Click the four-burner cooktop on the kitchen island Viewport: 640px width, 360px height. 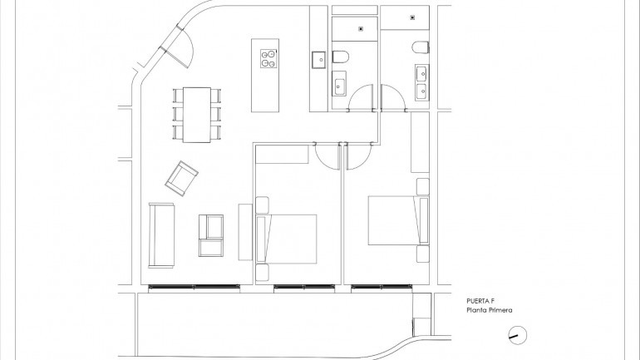point(268,58)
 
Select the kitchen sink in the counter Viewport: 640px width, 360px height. point(318,58)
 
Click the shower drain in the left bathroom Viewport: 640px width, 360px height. point(360,29)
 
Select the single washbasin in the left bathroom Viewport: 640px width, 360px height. point(339,84)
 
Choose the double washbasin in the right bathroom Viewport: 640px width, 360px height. point(421,81)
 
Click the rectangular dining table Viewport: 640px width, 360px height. point(197,114)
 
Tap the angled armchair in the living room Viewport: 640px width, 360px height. point(182,178)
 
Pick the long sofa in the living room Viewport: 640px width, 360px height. point(160,235)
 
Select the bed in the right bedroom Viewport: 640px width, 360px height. point(393,220)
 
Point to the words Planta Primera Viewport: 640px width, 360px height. point(490,311)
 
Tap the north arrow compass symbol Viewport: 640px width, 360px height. point(516,335)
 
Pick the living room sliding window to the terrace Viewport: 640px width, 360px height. point(194,288)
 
